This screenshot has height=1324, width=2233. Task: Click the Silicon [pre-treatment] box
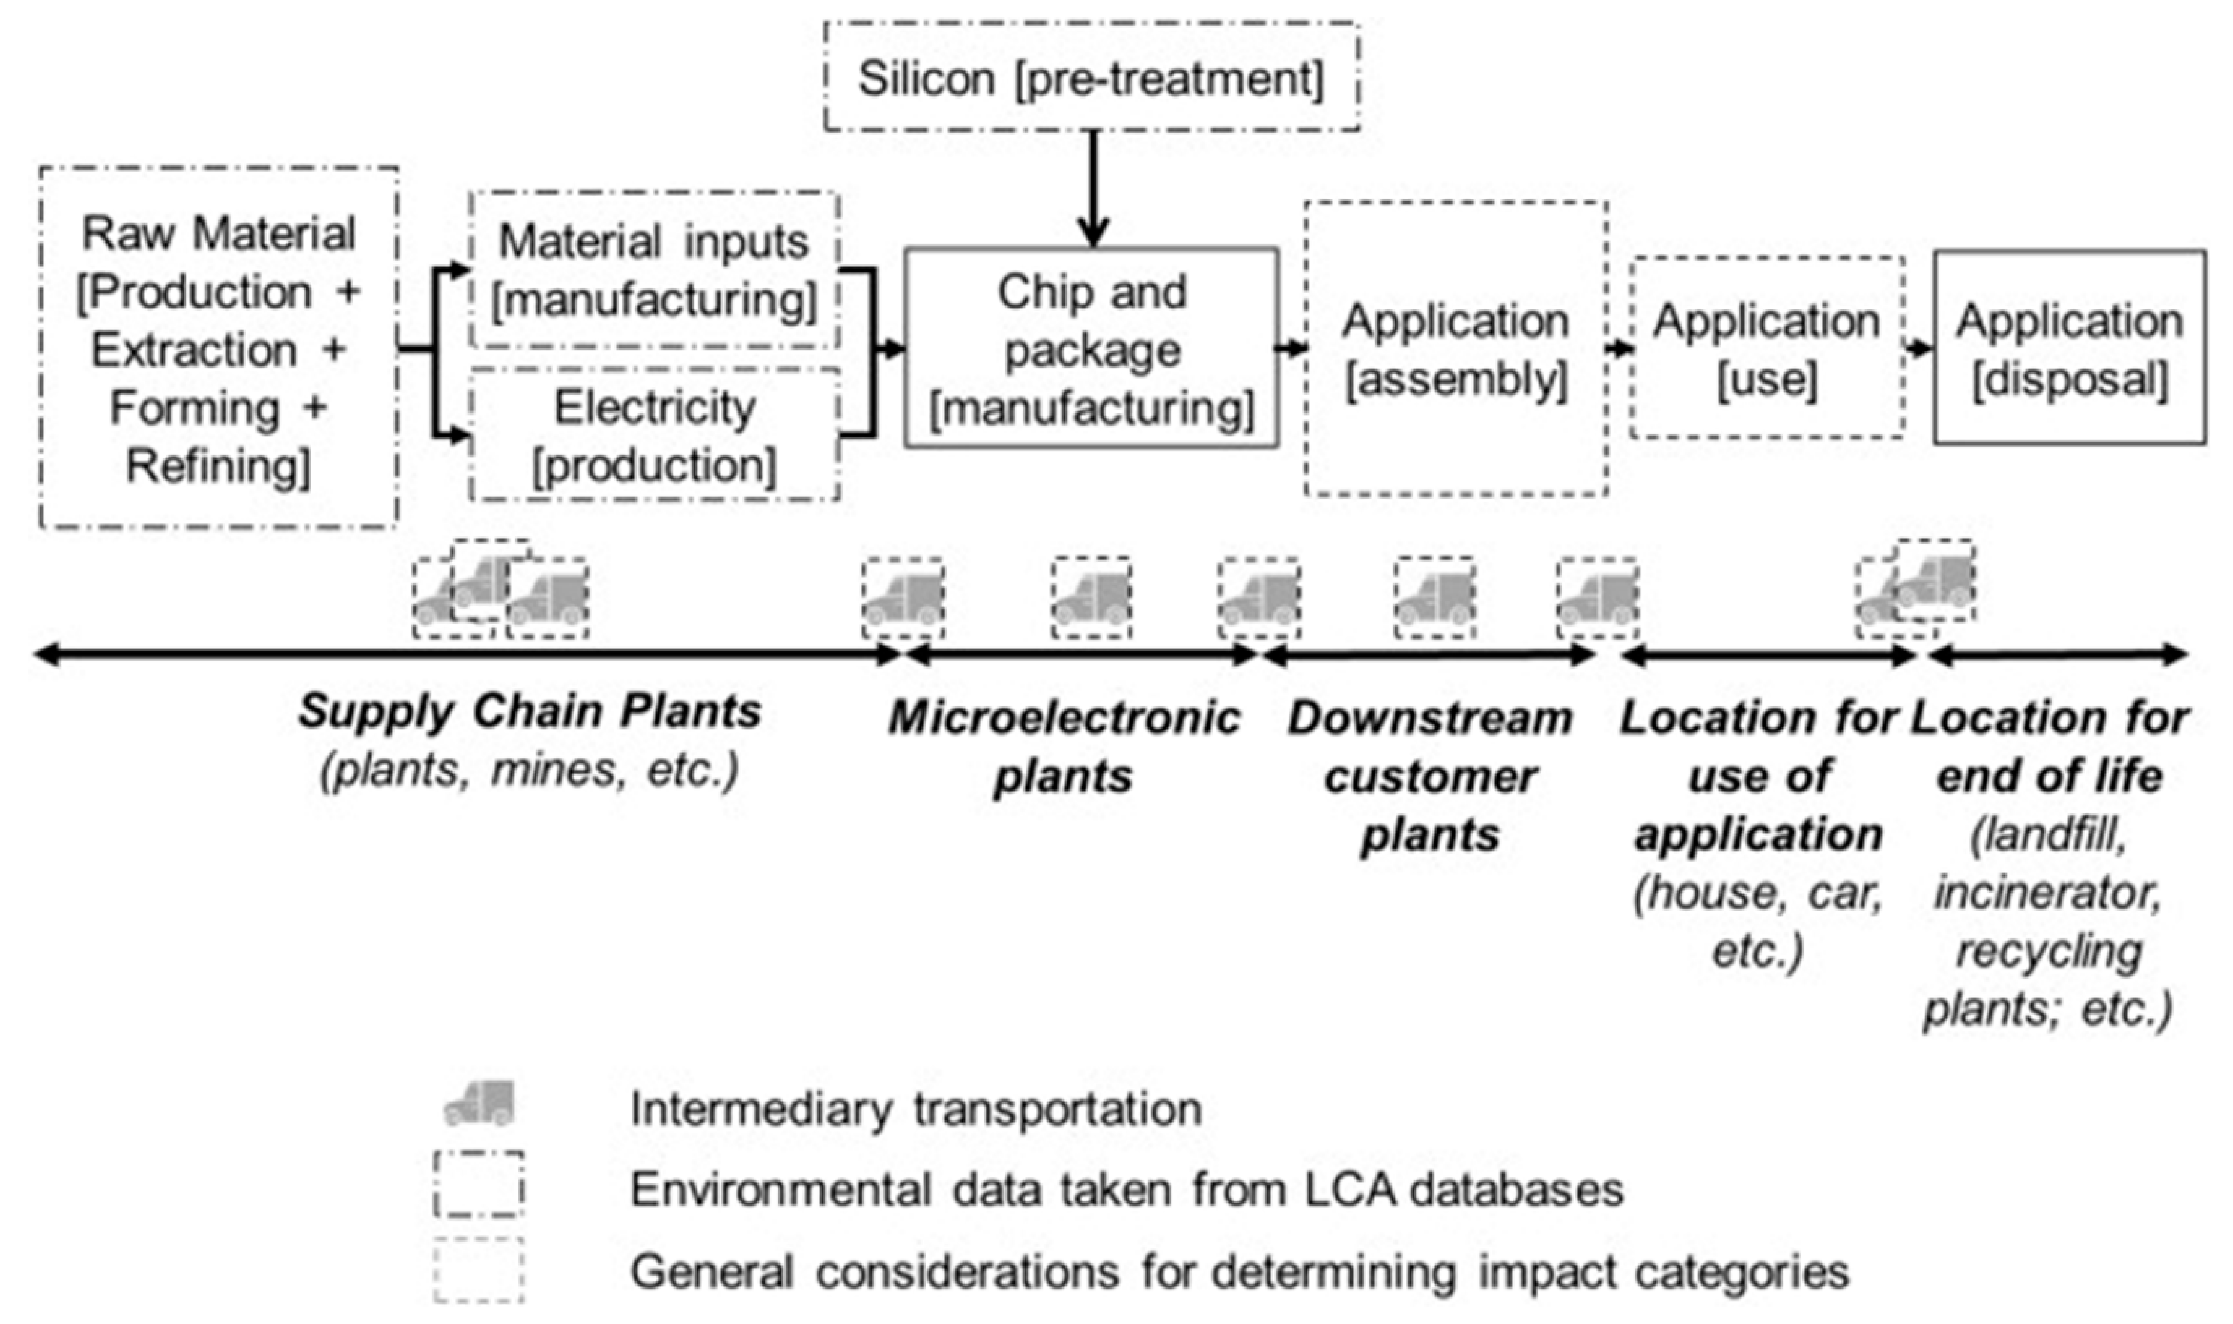tap(1091, 77)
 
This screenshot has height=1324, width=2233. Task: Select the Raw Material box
tap(219, 348)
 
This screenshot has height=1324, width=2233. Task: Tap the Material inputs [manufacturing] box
tap(653, 270)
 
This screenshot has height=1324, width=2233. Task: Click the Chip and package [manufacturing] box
tap(1091, 348)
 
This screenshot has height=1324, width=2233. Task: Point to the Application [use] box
tap(1766, 348)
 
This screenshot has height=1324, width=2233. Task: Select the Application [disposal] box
tap(2069, 348)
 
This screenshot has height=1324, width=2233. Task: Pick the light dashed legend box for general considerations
tap(479, 1269)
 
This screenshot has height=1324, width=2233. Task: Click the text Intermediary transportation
tap(916, 1109)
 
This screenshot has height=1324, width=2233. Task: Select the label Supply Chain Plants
tap(530, 712)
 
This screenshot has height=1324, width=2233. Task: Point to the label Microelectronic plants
tap(1063, 747)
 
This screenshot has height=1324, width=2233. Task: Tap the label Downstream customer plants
tap(1429, 776)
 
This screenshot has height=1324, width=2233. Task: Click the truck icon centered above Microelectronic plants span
tap(1091, 597)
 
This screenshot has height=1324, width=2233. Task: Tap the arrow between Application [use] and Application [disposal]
tap(1919, 348)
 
